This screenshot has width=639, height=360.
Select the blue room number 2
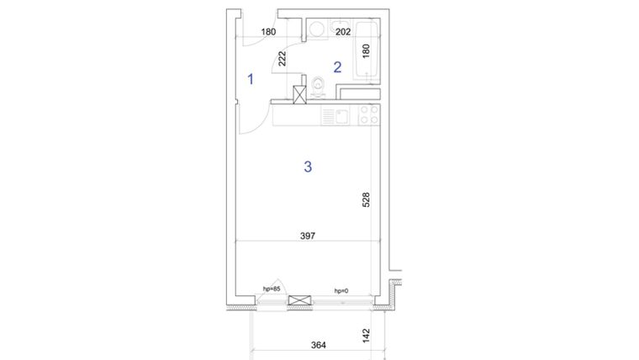337,67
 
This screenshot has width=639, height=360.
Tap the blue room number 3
308,167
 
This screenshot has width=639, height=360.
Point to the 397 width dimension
308,237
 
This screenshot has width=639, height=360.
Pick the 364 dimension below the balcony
319,345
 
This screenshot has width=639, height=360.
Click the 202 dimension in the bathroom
343,33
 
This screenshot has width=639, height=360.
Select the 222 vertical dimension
282,58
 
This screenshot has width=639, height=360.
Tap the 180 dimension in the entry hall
268,33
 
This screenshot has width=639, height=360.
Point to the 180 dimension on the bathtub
365,51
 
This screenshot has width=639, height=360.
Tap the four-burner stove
367,114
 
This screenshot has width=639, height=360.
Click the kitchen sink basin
341,115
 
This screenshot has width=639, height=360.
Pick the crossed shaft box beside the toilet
298,95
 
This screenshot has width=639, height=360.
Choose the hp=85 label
270,289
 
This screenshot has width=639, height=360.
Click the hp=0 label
341,291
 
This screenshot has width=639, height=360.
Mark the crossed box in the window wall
298,301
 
